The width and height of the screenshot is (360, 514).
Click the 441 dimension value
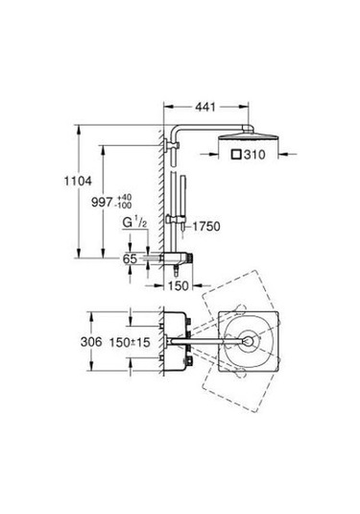coord(205,107)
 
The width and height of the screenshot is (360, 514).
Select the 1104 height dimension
coord(78,181)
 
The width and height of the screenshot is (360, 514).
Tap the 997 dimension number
coord(102,203)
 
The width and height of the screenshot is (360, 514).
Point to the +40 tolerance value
coord(124,197)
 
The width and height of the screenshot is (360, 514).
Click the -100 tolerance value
coord(124,206)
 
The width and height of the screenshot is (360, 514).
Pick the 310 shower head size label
coord(254,155)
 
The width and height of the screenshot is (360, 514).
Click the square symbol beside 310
coord(236,154)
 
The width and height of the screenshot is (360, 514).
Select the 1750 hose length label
coord(206,226)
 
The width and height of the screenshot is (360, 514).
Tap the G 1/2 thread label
coord(134,223)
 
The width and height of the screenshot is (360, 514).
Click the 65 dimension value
coord(130,258)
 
